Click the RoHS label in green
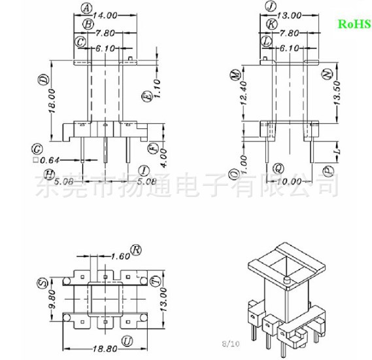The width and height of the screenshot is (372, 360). [x=354, y=24]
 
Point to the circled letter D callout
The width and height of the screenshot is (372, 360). [x=43, y=81]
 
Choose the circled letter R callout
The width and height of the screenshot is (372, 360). [x=136, y=250]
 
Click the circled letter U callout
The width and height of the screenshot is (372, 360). [x=127, y=340]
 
